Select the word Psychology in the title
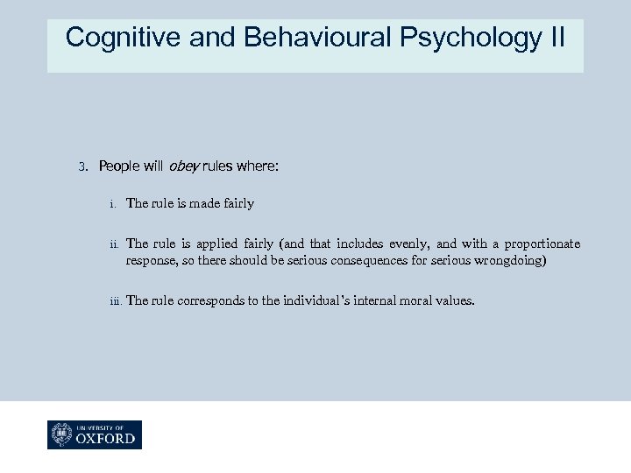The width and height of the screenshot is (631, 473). [471, 38]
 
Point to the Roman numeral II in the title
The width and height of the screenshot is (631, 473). [557, 38]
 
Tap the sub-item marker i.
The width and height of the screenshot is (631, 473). [113, 204]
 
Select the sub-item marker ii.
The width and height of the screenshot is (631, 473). [114, 244]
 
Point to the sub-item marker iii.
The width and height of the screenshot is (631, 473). [115, 301]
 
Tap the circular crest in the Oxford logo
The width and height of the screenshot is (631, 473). [63, 434]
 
